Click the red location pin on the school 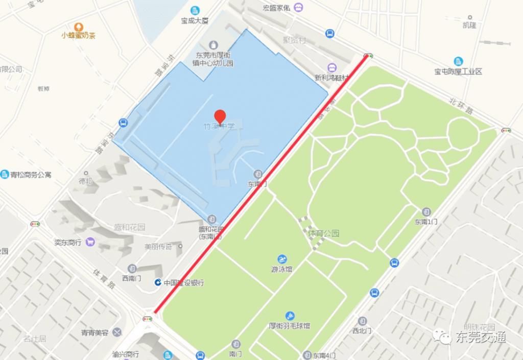(x=220, y=116)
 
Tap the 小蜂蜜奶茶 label (x=78, y=35)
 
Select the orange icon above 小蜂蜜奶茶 (x=78, y=27)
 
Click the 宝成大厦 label (x=195, y=21)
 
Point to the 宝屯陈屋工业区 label (x=458, y=71)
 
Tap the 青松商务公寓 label (x=31, y=175)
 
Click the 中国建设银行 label (x=183, y=282)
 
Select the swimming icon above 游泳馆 (x=282, y=259)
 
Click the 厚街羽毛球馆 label (x=290, y=325)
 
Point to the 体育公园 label (x=324, y=233)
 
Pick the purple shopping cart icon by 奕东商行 (x=90, y=242)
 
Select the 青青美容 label (x=94, y=332)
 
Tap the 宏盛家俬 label (x=276, y=8)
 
